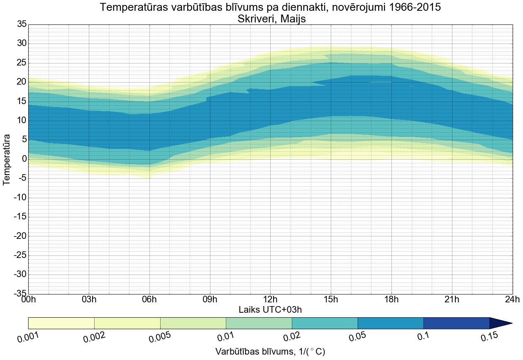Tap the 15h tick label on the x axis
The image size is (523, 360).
point(331,299)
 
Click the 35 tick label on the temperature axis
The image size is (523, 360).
point(21,24)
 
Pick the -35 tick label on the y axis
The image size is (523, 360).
point(19,294)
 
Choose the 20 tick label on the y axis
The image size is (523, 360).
point(21,82)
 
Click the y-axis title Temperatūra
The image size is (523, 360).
point(7,159)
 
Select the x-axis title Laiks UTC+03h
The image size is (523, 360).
point(270,309)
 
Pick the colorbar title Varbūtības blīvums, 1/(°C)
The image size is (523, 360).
point(270,352)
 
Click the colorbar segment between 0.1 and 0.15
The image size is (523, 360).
point(457,323)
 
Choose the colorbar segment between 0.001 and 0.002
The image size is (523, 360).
point(61,323)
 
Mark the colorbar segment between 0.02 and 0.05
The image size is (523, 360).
point(325,323)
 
